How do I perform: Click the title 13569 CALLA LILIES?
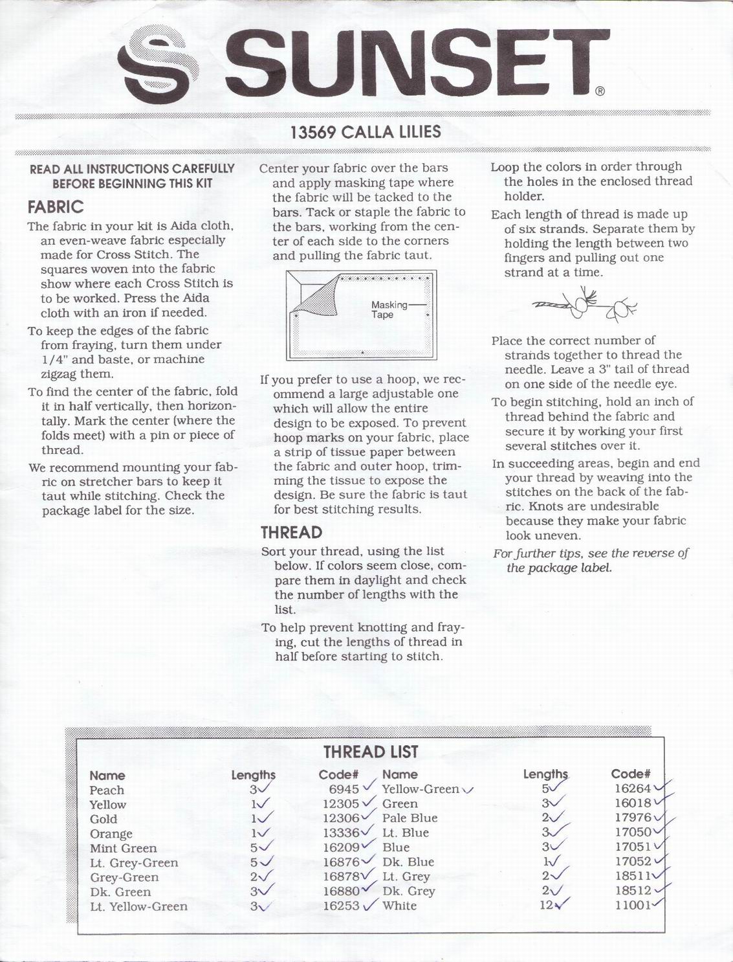tap(366, 132)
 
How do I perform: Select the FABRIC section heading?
tap(56, 207)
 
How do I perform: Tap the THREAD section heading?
tap(291, 533)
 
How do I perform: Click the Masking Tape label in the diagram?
tap(389, 309)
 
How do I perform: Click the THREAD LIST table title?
tap(371, 752)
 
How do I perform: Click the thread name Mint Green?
tap(123, 848)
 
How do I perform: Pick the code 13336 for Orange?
tap(341, 833)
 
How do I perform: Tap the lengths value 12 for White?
tap(546, 905)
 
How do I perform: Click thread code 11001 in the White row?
tap(633, 905)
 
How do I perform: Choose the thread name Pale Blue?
tap(410, 818)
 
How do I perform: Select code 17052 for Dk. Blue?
tap(633, 862)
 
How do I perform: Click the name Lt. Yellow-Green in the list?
tap(138, 906)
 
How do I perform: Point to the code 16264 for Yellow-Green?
tap(632, 789)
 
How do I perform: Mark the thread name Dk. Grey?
tap(408, 891)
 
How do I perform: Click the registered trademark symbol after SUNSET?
tap(600, 92)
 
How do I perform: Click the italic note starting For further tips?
tap(590, 561)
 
